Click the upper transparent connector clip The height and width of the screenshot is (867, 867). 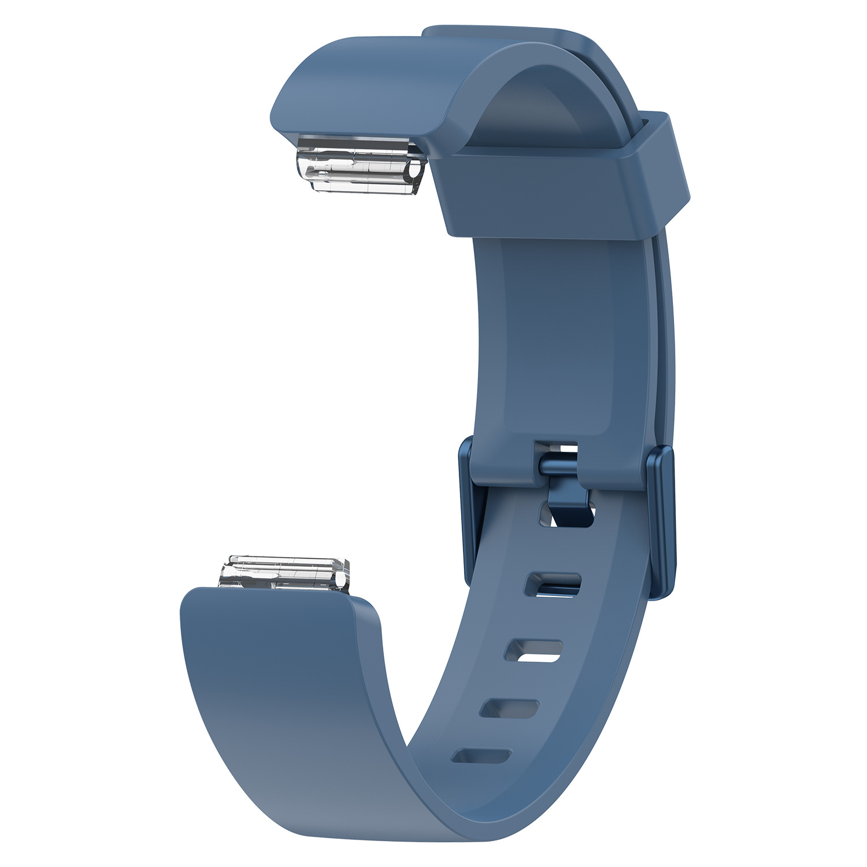[361, 163]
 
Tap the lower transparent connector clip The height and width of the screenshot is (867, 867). [285, 572]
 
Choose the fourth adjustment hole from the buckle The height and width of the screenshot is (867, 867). [509, 708]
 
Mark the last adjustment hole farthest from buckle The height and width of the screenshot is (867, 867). [481, 756]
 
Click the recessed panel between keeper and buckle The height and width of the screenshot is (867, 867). [555, 335]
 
